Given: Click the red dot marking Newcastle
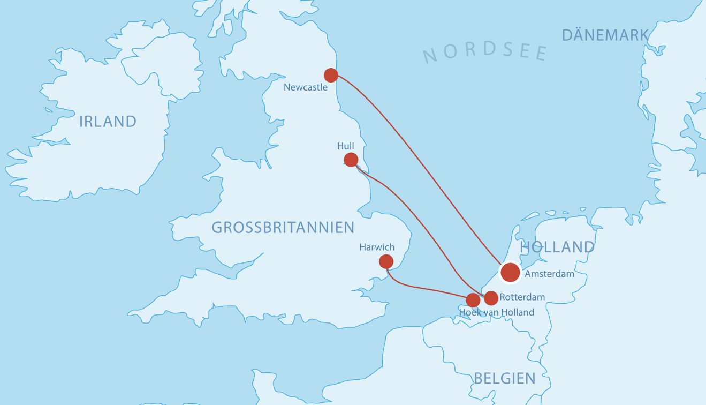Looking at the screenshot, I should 331,75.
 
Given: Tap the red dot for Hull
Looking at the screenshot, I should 351,160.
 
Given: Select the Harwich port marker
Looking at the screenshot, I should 386,261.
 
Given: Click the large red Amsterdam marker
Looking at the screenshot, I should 510,272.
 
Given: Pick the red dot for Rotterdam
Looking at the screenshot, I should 491,298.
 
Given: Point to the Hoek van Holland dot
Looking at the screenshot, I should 473,300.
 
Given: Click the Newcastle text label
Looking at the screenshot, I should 305,87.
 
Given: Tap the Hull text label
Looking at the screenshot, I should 346,146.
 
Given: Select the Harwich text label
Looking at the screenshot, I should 377,247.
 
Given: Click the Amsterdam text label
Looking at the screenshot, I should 549,274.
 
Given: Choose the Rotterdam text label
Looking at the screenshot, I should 522,297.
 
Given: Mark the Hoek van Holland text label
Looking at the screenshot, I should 497,312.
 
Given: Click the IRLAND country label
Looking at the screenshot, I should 108,122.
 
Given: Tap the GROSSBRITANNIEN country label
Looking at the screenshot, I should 283,228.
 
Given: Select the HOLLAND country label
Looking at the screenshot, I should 557,247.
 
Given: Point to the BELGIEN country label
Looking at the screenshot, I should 504,379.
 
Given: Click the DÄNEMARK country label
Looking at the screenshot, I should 605,36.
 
